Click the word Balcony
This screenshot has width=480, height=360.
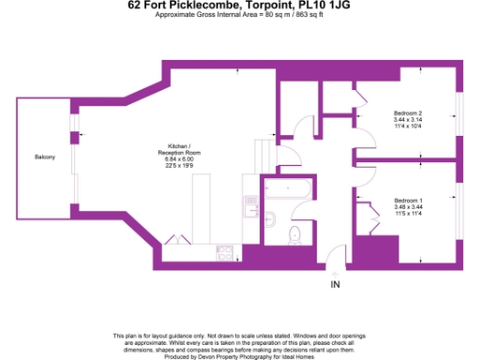coord(44,157)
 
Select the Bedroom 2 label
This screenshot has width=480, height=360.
coord(408,112)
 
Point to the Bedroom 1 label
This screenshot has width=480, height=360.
coord(408,201)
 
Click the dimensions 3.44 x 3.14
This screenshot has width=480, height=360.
coord(408,120)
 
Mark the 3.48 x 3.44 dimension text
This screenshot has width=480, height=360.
coord(408,208)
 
